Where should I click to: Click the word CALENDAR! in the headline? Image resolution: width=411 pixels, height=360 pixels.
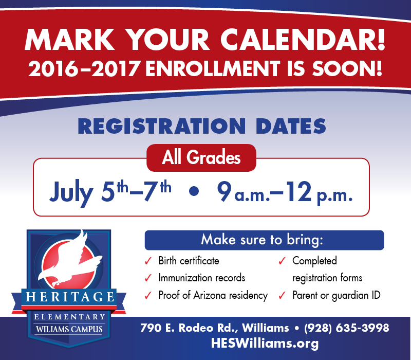(x=303, y=39)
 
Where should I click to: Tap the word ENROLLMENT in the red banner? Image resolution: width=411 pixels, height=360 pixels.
(x=213, y=68)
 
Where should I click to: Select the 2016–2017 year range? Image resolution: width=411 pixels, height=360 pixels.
(x=84, y=68)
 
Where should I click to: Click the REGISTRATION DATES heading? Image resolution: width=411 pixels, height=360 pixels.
(x=202, y=126)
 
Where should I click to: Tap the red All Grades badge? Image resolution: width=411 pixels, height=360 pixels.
(x=201, y=158)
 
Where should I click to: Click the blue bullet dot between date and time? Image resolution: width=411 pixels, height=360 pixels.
(x=194, y=191)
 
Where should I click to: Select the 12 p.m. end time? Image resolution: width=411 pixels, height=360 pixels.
(x=319, y=193)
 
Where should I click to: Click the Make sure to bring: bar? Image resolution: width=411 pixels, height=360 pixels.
(x=264, y=240)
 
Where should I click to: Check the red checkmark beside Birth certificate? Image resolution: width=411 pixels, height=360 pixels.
(x=148, y=261)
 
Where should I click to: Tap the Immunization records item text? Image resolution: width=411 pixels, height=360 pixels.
(x=202, y=278)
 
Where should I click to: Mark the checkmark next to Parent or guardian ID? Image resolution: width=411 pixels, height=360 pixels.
(x=282, y=295)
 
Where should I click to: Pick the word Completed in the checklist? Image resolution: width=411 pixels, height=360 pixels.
(x=314, y=261)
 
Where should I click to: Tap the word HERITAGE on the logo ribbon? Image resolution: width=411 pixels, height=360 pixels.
(x=70, y=297)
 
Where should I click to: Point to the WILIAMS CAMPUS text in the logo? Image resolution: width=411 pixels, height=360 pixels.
(x=69, y=329)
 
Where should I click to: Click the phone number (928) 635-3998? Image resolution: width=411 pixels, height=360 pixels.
(x=346, y=328)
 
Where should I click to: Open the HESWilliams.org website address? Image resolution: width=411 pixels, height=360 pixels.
(x=265, y=343)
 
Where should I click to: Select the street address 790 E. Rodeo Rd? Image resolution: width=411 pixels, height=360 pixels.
(x=188, y=328)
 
